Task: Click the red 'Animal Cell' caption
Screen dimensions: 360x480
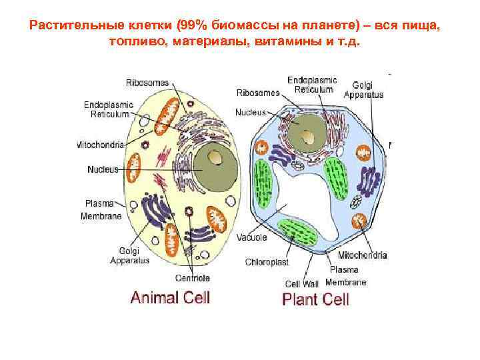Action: click(170, 297)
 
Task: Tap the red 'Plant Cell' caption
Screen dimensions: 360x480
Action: click(316, 298)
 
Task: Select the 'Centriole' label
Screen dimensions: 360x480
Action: click(193, 277)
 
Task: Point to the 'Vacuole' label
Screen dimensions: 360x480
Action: click(252, 237)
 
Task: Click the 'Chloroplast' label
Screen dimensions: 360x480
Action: click(266, 262)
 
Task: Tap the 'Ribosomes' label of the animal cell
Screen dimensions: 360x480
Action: click(147, 83)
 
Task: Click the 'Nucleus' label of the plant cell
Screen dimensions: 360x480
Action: click(251, 113)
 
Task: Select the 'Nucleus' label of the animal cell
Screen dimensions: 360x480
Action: click(103, 169)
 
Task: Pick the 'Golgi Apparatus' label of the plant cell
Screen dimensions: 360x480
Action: click(363, 90)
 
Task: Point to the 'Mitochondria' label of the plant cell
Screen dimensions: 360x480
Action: click(363, 255)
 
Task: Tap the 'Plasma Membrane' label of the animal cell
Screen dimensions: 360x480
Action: click(101, 210)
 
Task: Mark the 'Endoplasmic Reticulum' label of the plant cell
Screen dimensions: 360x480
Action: click(313, 85)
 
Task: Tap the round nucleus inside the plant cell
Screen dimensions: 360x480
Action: click(308, 133)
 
